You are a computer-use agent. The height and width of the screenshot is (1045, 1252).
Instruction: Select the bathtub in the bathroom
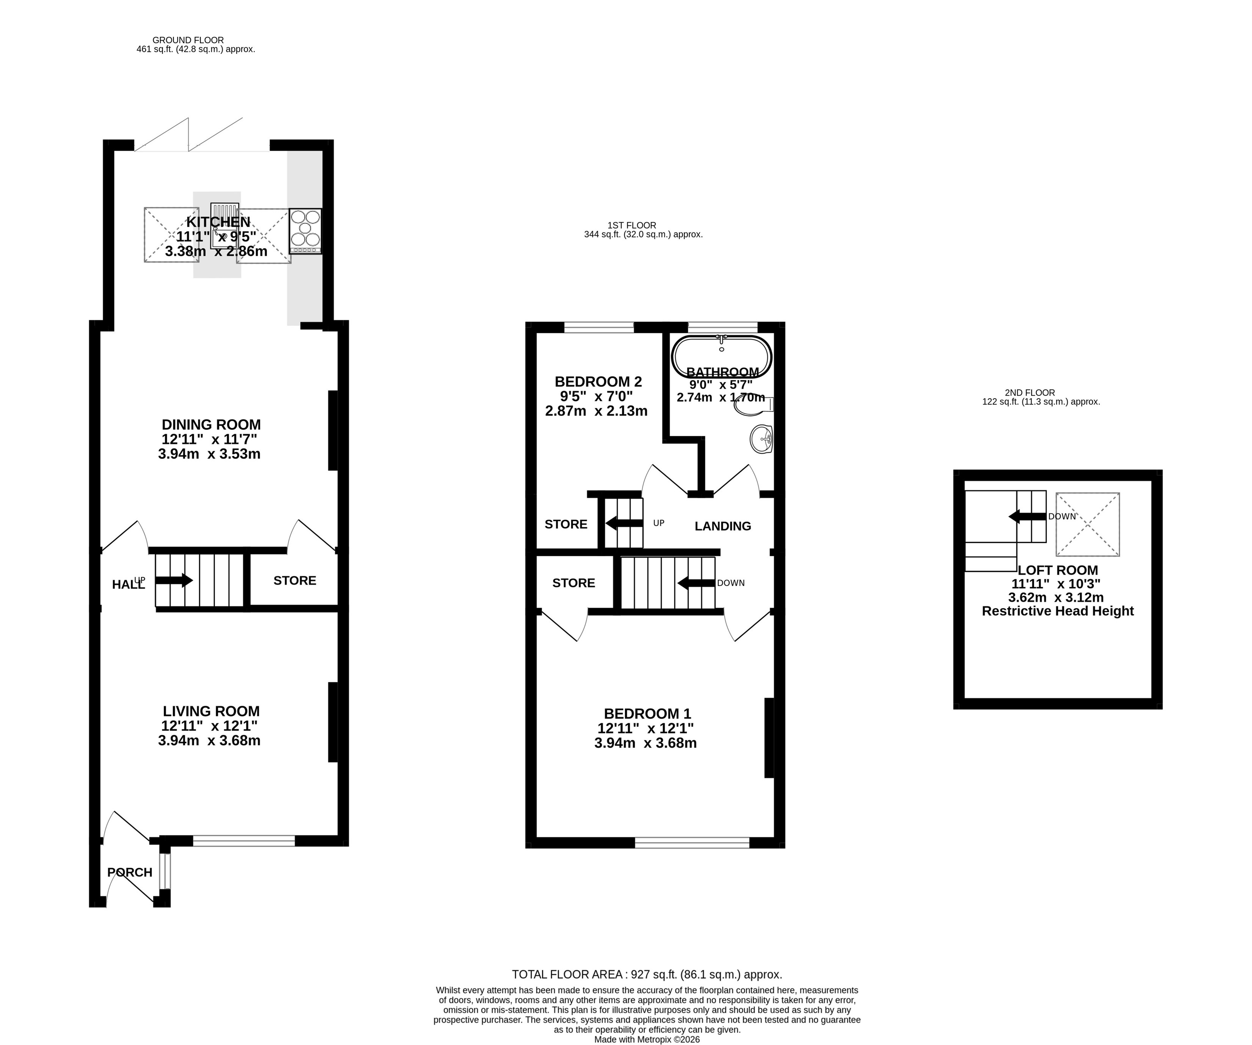pos(721,356)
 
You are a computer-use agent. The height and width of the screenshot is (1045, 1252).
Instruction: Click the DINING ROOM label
pos(211,425)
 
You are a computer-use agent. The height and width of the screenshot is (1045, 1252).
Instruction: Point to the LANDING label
pos(723,526)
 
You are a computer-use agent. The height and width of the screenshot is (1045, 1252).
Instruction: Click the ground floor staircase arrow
pos(174,580)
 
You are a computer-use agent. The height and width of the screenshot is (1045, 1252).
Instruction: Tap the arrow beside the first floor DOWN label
pos(696,583)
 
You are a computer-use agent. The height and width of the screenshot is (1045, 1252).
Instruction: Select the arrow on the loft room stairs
pos(1028,516)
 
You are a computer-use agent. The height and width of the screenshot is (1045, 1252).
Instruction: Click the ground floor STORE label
pos(294,580)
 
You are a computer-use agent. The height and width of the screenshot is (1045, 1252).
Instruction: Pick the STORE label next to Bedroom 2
pos(566,524)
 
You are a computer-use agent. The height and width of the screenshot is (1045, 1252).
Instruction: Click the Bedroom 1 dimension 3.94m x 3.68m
pos(646,743)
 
